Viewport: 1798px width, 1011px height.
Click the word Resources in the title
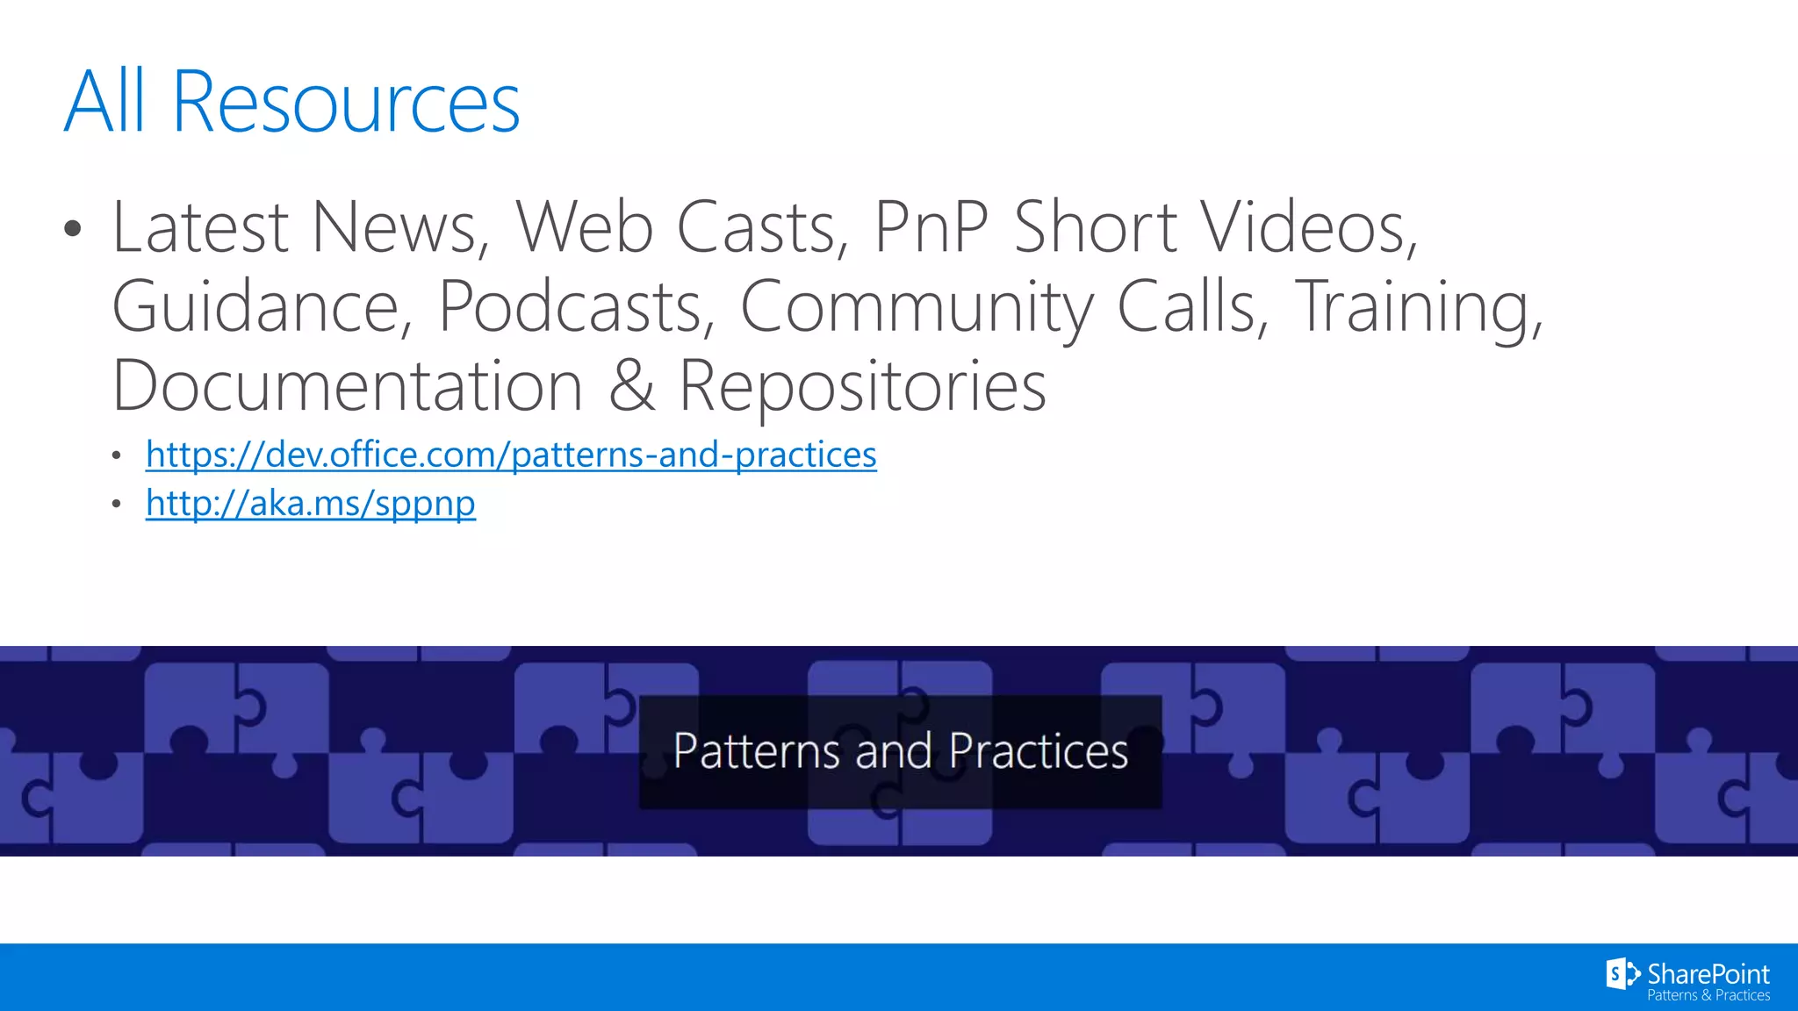pos(346,104)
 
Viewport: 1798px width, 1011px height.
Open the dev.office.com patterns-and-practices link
pos(511,455)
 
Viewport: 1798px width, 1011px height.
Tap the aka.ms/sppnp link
pos(311,504)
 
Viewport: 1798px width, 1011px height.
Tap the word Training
pos(1419,308)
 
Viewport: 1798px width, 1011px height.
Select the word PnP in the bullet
pos(931,227)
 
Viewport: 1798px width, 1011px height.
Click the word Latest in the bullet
pos(201,227)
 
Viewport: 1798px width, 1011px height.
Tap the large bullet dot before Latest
pos(73,230)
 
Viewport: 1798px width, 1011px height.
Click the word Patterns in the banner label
pos(757,752)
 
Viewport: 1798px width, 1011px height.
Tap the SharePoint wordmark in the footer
pos(1708,974)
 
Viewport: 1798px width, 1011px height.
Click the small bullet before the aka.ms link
pos(117,505)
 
